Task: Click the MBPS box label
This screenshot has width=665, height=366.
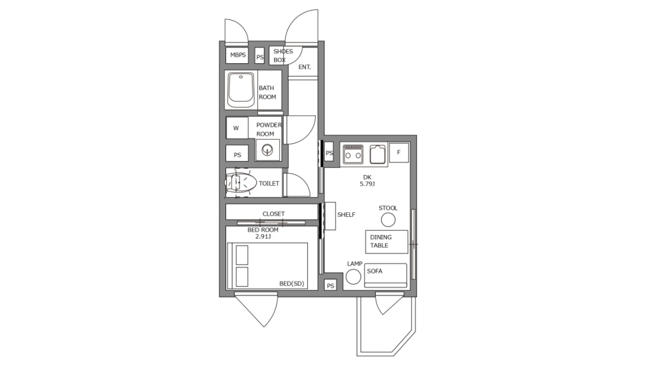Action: (237, 55)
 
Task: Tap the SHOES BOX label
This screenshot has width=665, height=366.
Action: (283, 55)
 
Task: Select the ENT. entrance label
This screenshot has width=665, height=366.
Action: (305, 67)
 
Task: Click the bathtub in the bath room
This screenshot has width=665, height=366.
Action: (241, 90)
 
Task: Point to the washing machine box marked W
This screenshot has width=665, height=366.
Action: (236, 128)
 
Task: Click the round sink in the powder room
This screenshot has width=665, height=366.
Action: (267, 150)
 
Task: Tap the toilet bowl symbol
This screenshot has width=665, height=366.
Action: (241, 182)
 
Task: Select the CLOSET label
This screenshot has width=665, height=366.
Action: (273, 214)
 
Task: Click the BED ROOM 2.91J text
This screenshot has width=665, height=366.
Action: (263, 233)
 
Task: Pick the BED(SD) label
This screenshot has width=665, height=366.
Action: (291, 283)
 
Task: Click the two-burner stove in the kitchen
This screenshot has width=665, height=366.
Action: (352, 154)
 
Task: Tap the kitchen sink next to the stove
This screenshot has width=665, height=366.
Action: (377, 154)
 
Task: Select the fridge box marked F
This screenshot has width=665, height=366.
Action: (398, 152)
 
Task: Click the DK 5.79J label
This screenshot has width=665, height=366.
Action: (367, 180)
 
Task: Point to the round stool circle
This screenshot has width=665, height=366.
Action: (388, 220)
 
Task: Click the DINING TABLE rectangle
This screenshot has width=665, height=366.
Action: (386, 242)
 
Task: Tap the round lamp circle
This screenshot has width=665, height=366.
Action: (354, 277)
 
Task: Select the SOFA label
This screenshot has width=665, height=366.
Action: (374, 271)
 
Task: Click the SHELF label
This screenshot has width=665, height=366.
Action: (346, 214)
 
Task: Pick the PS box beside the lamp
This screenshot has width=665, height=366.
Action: (331, 285)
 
